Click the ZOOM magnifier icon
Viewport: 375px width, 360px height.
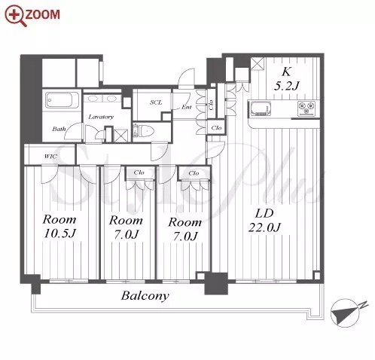point(16,15)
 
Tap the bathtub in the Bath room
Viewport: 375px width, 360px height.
point(62,100)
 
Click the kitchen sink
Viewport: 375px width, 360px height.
point(260,109)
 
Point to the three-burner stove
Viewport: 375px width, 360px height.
point(306,108)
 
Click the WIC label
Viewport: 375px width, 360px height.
point(50,157)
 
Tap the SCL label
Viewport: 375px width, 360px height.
point(156,102)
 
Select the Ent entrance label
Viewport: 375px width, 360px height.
point(187,107)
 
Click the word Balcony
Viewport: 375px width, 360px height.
point(145,296)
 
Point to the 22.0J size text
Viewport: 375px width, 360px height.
point(264,228)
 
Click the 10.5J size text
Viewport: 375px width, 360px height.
point(59,233)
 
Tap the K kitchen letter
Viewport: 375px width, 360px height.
point(286,72)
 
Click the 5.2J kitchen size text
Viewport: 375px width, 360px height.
point(286,86)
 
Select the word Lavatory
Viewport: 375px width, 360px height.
point(101,117)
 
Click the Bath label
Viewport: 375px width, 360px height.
point(59,129)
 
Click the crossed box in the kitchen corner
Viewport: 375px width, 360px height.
point(258,64)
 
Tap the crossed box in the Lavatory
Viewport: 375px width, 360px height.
point(121,136)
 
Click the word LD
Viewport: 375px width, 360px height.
point(264,214)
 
